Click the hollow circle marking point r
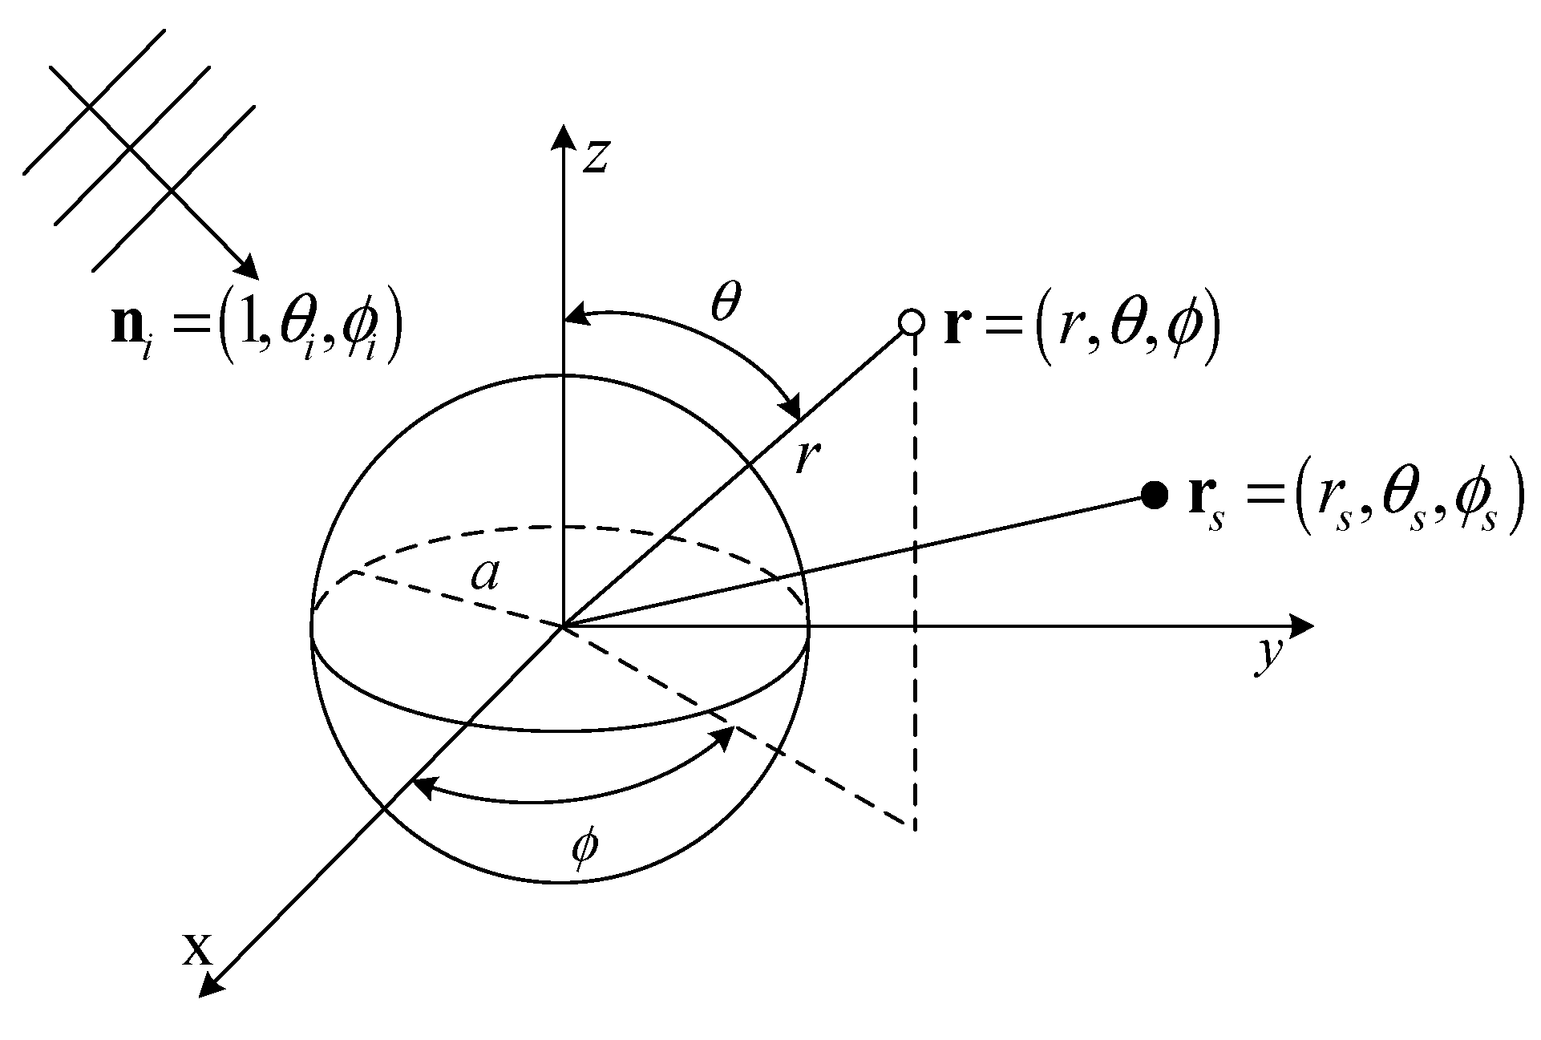tap(912, 322)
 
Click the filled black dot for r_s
tap(1154, 496)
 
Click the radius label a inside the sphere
tap(484, 574)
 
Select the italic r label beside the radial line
tap(806, 459)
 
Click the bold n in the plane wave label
tap(127, 329)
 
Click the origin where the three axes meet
tap(564, 625)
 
